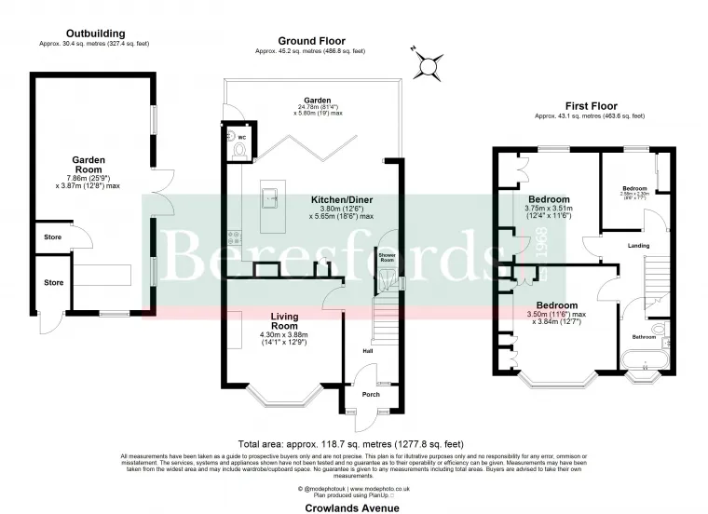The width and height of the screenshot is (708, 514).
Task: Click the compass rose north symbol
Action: (428, 65)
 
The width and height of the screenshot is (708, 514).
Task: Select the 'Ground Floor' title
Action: (311, 41)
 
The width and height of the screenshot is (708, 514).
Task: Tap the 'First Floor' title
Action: (589, 106)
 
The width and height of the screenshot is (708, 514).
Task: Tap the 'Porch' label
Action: (371, 394)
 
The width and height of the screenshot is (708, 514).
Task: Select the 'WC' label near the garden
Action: (233, 133)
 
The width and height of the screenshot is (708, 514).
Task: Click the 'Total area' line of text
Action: (350, 444)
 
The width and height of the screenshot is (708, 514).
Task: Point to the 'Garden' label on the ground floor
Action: (317, 101)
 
